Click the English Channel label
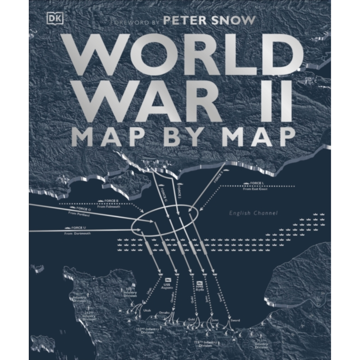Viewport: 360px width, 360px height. pos(253,213)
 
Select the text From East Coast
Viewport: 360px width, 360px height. pos(257,189)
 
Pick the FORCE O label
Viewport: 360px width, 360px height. pos(81,209)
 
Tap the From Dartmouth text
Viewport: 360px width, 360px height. pos(77,233)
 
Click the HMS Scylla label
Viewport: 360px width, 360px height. pos(199,285)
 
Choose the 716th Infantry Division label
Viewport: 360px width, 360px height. pos(208,344)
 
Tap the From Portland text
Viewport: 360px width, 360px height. pos(78,215)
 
